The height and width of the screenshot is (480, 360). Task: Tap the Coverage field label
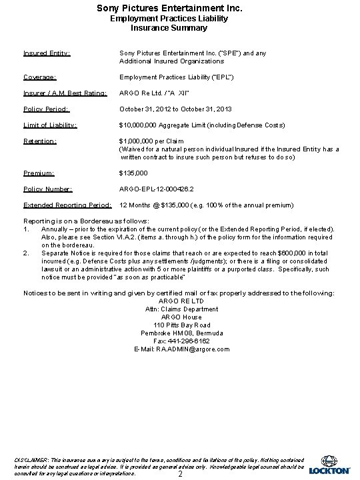[x=39, y=76]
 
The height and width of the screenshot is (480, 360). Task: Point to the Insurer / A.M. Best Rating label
[x=64, y=93]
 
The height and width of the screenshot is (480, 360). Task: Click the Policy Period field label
[x=47, y=109]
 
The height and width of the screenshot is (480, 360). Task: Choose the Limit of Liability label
[x=50, y=125]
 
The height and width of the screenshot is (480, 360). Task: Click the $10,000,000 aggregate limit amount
[x=138, y=125]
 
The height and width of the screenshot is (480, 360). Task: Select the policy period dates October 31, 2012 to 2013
[x=175, y=109]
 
